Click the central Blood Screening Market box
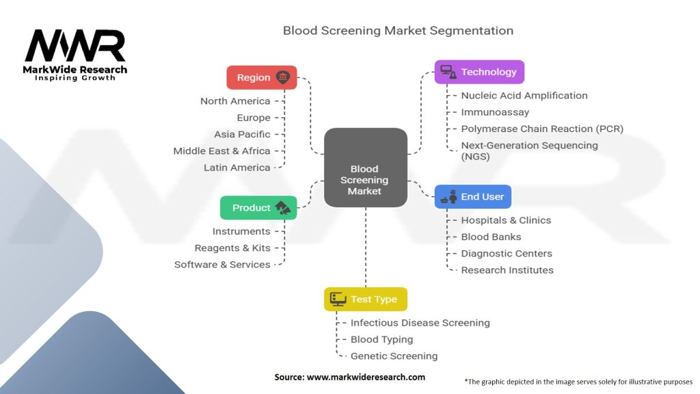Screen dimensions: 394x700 pos(365,168)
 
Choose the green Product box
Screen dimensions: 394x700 pos(258,208)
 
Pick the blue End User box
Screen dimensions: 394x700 pos(472,196)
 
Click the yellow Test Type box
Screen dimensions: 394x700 pos(365,299)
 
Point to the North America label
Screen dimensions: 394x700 pos(235,101)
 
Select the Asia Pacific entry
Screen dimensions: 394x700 pos(242,134)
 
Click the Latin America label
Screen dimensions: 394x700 pos(237,168)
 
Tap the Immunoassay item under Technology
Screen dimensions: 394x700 pos(495,112)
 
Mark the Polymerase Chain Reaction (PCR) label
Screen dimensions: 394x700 pos(542,129)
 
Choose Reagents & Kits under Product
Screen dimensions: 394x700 pos(232,248)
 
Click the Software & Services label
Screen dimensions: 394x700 pos(222,265)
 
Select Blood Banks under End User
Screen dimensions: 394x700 pos(491,237)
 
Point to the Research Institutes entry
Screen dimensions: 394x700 pos(507,270)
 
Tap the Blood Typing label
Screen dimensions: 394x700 pos(381,339)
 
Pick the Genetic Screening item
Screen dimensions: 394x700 pos(394,356)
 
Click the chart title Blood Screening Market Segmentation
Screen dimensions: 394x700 pos(398,31)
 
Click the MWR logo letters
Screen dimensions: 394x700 pos(75,47)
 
